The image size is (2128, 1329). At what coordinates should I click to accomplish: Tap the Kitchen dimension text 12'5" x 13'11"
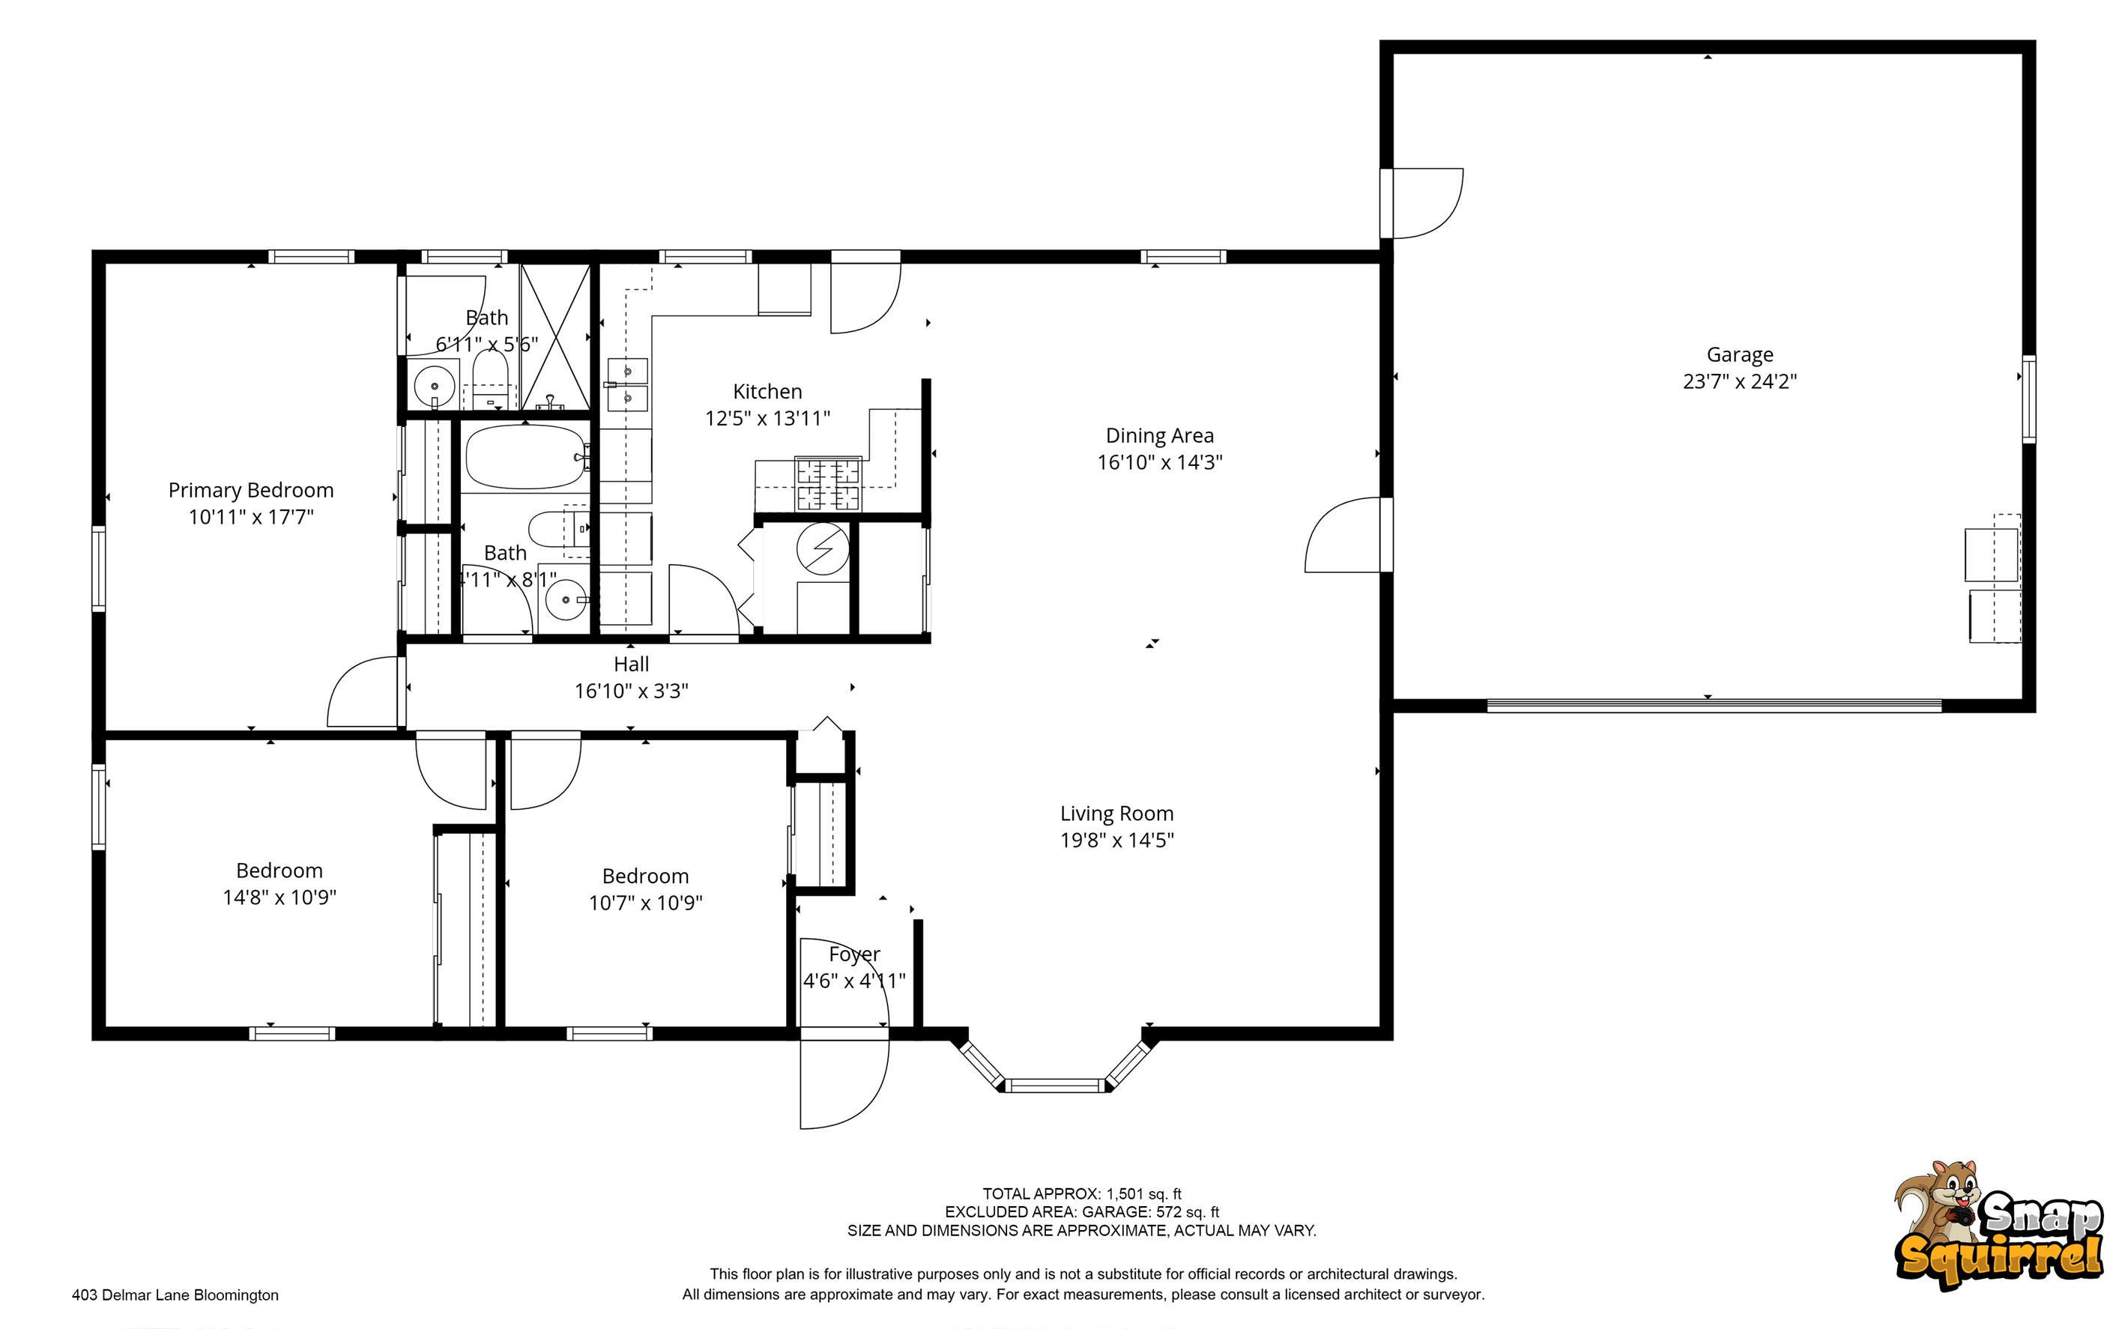click(x=767, y=418)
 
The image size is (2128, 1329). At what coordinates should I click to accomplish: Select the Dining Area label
click(x=1158, y=436)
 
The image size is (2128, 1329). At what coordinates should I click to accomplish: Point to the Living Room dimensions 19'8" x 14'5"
click(x=1116, y=841)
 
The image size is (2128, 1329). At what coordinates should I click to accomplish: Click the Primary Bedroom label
click(x=250, y=491)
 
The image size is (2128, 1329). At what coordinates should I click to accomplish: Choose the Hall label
click(x=631, y=664)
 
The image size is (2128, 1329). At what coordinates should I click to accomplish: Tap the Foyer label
click(x=853, y=954)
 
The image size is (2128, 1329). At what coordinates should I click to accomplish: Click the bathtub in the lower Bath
click(x=525, y=457)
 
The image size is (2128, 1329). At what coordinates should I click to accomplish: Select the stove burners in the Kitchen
click(x=827, y=483)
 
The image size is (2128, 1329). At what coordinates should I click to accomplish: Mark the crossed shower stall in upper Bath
click(x=554, y=336)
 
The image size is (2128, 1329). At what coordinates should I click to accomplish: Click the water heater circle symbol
click(x=822, y=549)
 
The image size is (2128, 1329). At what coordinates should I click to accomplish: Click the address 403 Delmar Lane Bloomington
click(x=175, y=1295)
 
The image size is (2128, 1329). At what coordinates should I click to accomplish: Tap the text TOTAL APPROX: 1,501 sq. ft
click(x=1081, y=1193)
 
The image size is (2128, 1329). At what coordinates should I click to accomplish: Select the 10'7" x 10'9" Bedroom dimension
click(x=645, y=903)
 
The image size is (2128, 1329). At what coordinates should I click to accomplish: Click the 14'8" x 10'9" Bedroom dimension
click(x=279, y=897)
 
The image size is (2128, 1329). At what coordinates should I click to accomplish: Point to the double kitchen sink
click(x=629, y=385)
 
